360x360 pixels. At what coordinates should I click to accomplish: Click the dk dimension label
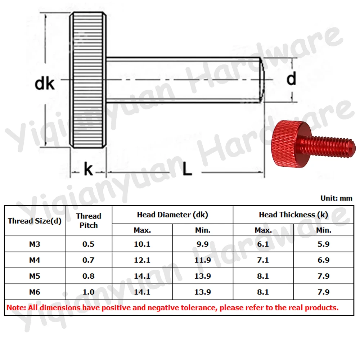[45, 84]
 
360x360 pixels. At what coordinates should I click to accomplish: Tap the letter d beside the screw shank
[291, 79]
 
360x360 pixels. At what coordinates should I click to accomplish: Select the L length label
[187, 169]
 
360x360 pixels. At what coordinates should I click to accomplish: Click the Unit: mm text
[336, 198]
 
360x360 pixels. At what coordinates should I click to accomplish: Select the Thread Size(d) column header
[35, 221]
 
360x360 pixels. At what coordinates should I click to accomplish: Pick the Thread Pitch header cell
[89, 221]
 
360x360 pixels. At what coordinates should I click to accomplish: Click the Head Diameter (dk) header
[172, 215]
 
